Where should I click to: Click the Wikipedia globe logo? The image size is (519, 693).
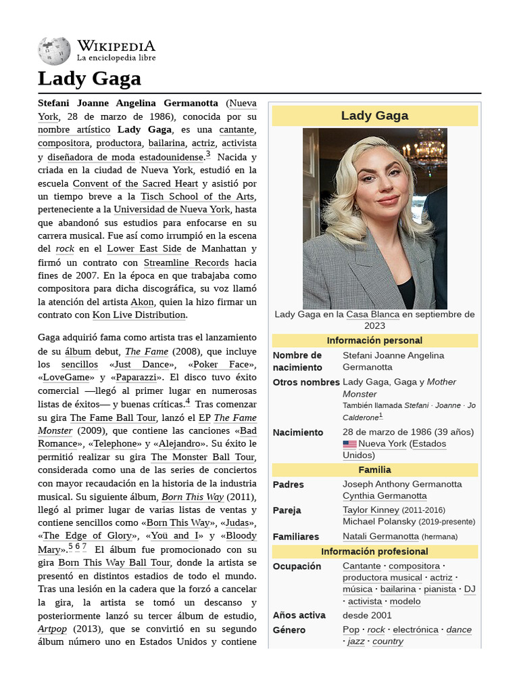54,51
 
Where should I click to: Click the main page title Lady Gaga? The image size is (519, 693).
89,79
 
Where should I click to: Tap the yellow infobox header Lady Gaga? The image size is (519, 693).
374,116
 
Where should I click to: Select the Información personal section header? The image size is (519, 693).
374,340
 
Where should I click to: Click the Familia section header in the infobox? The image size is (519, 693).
374,470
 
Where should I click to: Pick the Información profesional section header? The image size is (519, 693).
374,552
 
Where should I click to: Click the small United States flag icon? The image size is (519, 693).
349,445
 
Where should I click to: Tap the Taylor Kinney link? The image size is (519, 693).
370,510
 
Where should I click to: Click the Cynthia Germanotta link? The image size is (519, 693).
385,496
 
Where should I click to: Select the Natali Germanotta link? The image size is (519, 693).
380,537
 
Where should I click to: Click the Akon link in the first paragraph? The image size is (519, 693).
142,302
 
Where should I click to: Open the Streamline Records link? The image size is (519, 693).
186,263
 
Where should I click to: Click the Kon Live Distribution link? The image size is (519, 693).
139,315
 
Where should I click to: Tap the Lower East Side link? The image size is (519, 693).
144,249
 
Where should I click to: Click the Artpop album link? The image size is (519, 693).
52,629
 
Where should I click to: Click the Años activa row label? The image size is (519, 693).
299,615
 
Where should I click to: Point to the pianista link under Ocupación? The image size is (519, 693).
439,589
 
